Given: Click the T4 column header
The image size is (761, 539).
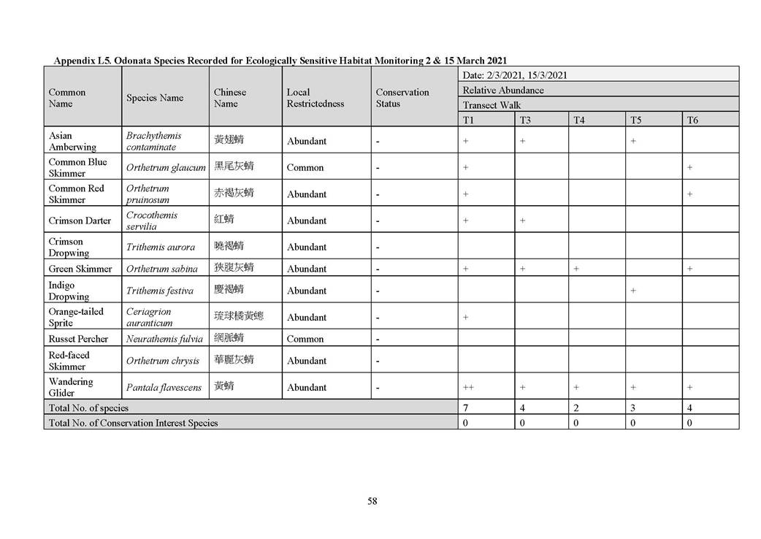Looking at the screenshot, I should pos(578,120).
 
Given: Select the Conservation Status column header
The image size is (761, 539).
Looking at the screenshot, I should pos(402,98).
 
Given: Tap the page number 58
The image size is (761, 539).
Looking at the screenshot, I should pos(372,501).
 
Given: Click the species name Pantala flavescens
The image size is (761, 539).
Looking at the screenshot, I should pos(164,387).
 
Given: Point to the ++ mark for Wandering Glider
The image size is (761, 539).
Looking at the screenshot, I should pos(468,387).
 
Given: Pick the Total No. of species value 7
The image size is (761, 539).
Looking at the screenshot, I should pos(466,408).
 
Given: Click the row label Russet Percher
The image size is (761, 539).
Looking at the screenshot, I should pos(78,339).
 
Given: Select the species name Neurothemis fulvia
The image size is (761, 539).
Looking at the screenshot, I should pos(164,339).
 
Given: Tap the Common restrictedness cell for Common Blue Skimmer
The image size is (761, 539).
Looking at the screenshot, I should pos(305,167).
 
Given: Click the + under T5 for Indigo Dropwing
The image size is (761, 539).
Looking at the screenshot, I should pos(633,291).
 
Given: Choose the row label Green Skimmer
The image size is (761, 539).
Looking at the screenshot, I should pos(80,269).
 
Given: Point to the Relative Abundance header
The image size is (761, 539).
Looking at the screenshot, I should pos(503,91).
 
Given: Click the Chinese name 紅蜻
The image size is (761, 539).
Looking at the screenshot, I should pos(224,220).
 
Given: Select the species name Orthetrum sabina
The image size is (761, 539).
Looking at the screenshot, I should pos(161,269).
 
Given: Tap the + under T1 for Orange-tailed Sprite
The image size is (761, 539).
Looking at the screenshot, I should pos(465,317).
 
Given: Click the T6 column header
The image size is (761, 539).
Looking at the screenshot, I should pos(692,120).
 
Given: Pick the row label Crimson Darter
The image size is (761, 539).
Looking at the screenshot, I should pos(80,221).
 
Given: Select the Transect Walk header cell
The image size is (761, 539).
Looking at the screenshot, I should pos(492,105).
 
